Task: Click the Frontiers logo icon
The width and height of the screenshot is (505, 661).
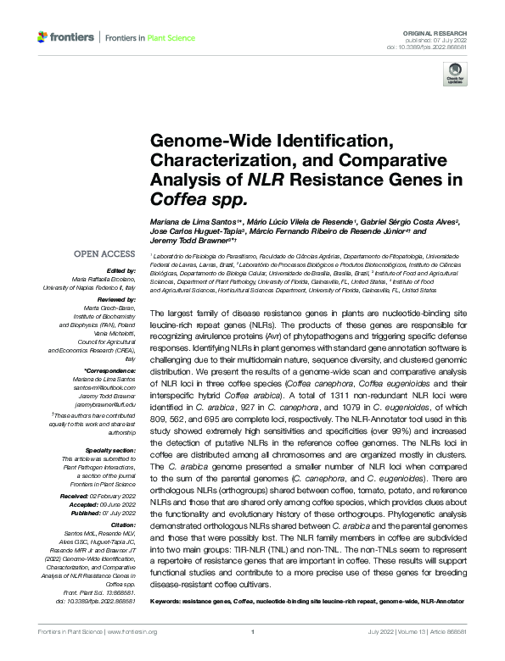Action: pos(42,37)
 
